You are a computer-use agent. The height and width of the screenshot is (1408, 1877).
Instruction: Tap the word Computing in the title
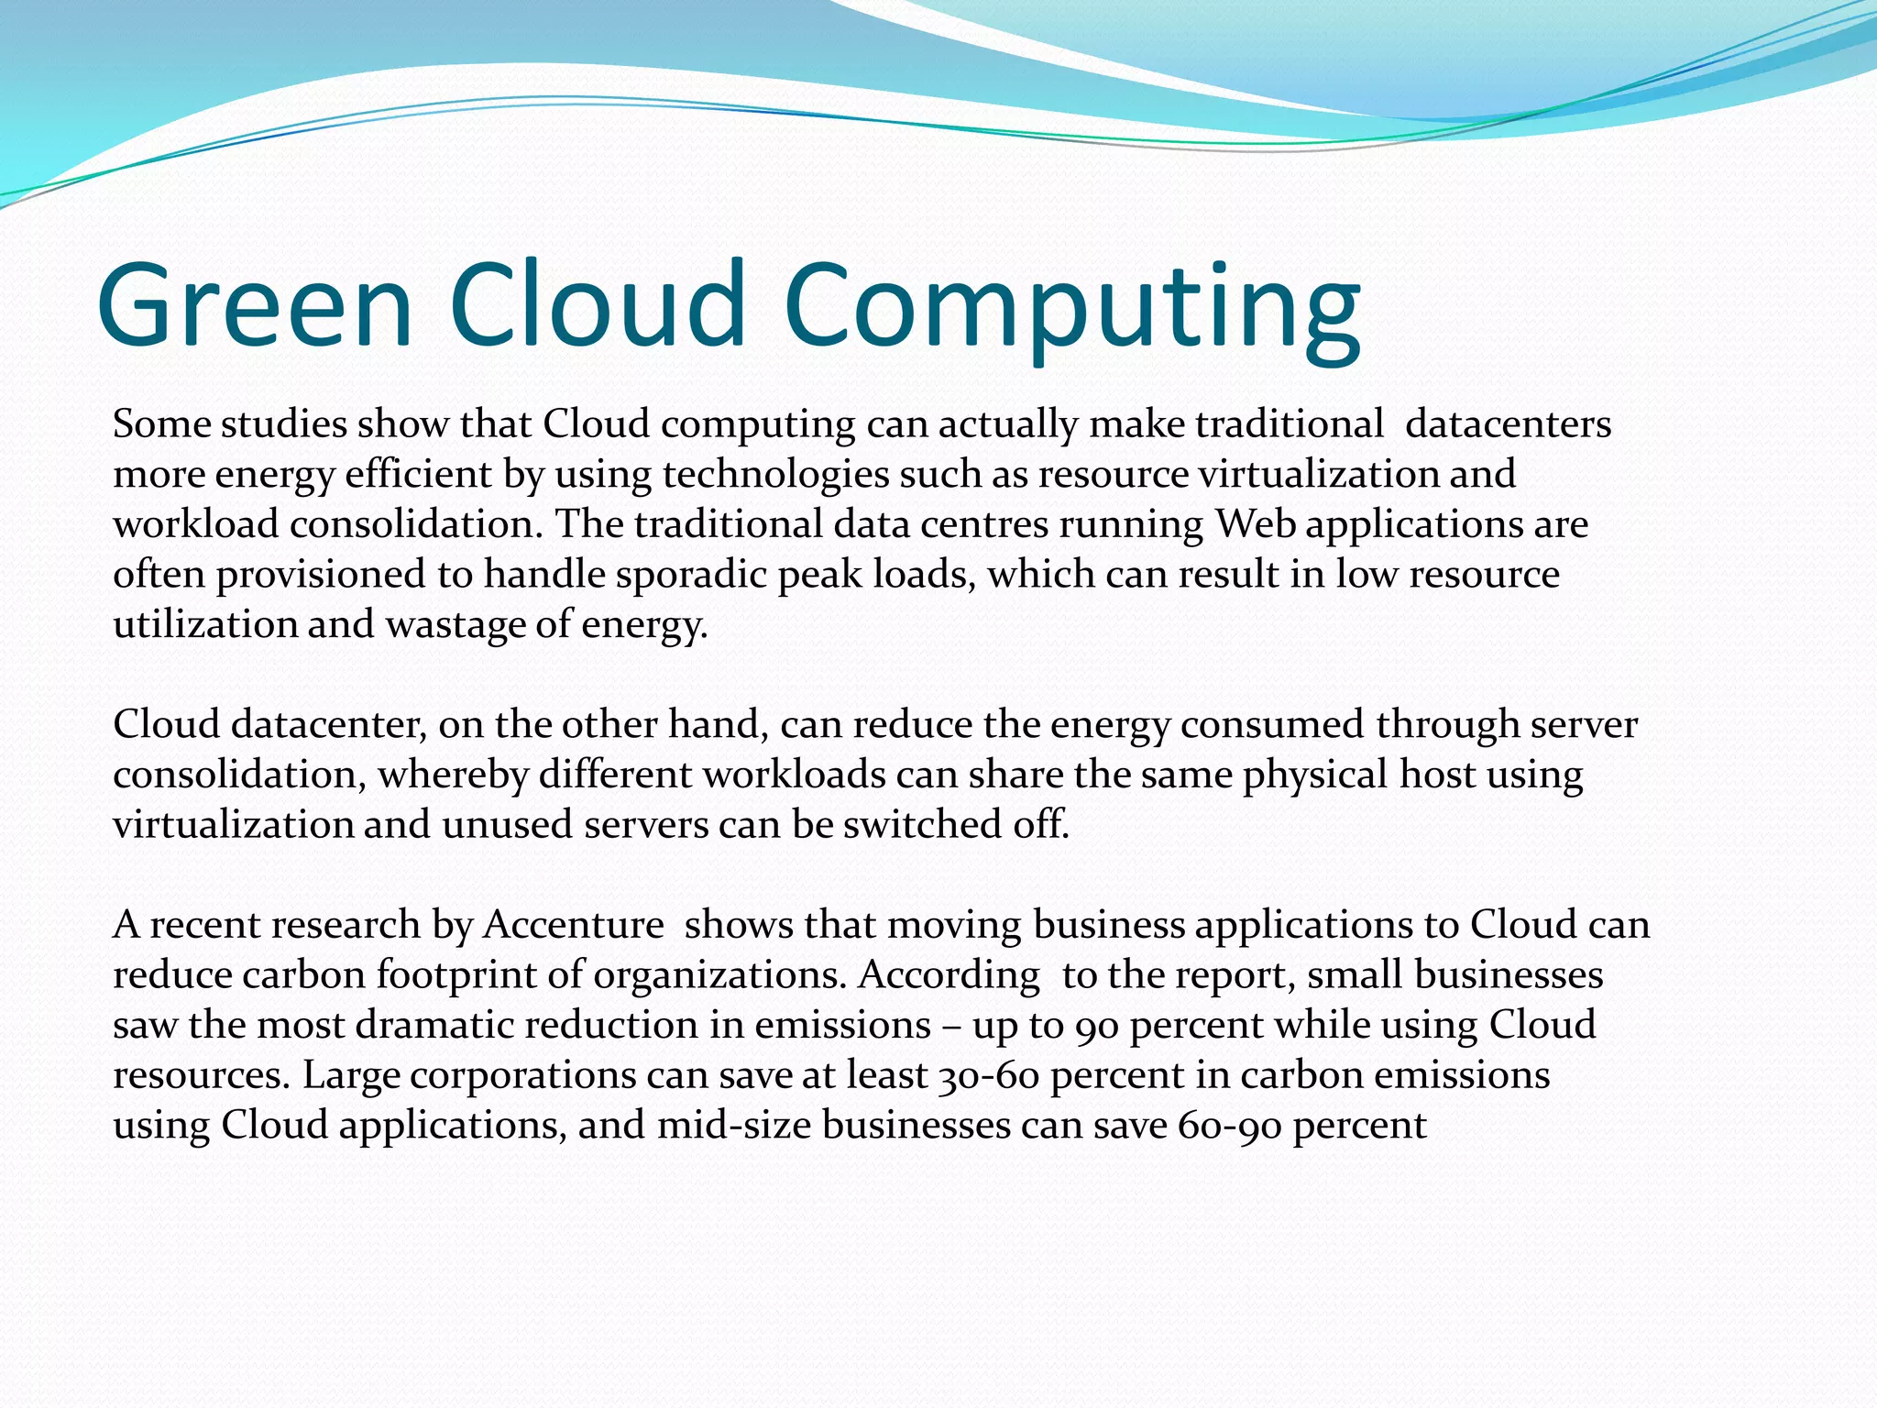click(1071, 307)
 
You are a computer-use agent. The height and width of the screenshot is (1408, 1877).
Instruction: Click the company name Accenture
click(573, 925)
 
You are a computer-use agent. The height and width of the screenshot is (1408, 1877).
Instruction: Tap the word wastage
click(455, 625)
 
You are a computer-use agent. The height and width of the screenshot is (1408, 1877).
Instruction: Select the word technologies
click(775, 475)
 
